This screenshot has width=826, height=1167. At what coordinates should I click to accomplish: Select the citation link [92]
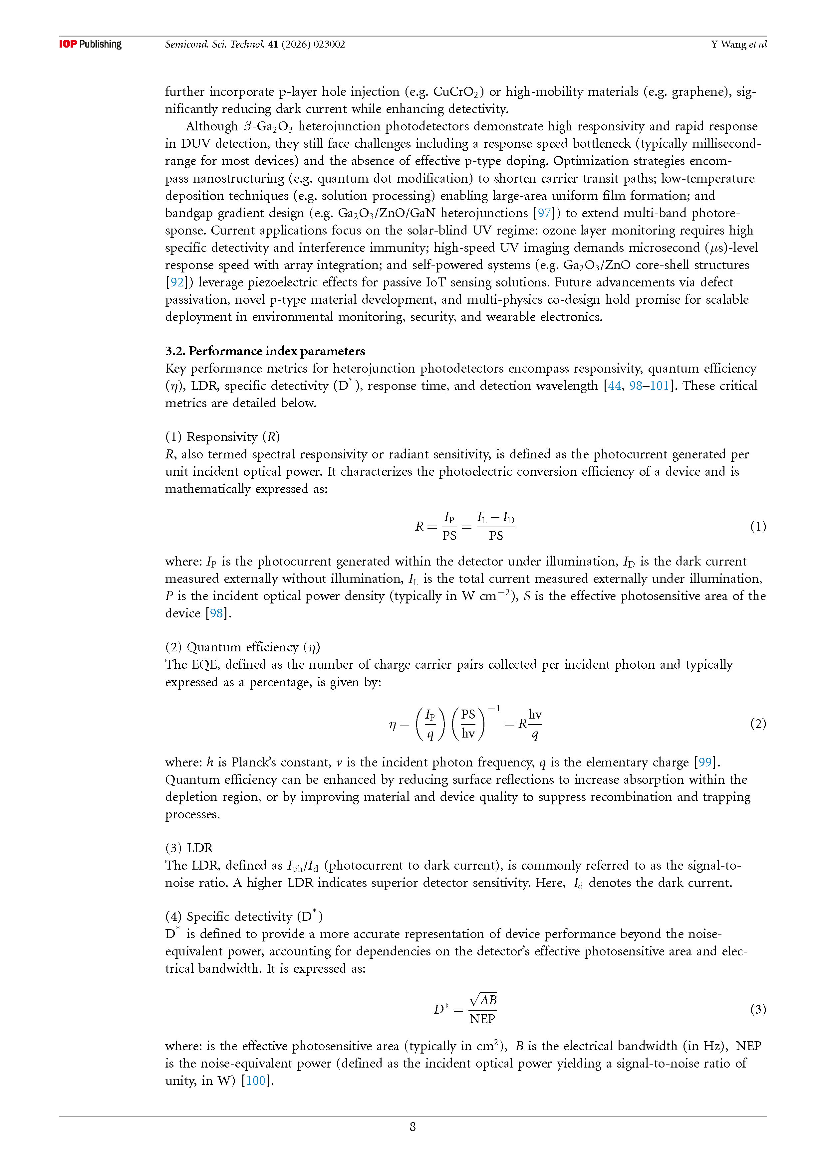[x=176, y=282]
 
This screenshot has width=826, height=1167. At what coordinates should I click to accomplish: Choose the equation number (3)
[x=758, y=1009]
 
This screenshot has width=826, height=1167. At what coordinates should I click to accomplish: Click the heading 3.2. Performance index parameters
[x=265, y=351]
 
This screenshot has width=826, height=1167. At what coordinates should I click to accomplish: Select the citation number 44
[x=614, y=386]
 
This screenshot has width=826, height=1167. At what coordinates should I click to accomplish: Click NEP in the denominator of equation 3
[x=482, y=1019]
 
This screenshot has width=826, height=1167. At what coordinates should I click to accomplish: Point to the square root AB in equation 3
[x=483, y=999]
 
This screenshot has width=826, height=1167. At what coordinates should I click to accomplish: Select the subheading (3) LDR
[x=189, y=848]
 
